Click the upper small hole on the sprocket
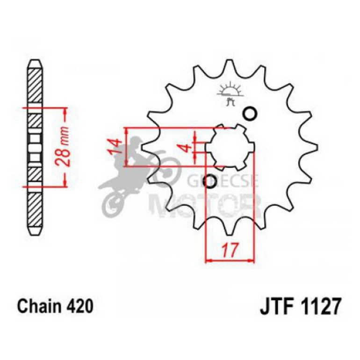click(x=250, y=113)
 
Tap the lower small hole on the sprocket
click(x=211, y=181)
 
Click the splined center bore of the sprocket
click(x=230, y=147)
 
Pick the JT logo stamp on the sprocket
click(x=229, y=94)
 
